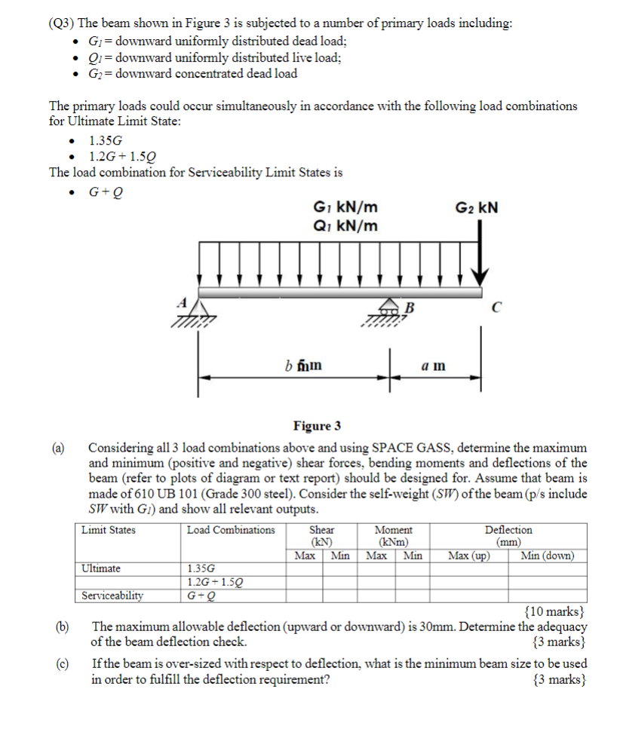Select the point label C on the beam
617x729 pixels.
[496, 308]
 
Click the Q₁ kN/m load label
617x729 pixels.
[345, 226]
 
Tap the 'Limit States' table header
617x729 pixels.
[109, 530]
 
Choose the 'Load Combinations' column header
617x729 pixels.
[231, 530]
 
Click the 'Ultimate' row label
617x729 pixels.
[101, 568]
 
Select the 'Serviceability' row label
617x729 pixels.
[112, 596]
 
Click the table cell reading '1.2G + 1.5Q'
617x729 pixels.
[214, 582]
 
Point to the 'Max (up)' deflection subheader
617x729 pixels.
[468, 556]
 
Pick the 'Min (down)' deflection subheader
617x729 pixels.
[547, 556]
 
